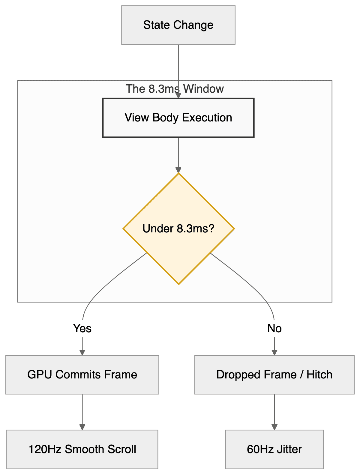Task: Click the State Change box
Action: pos(178,25)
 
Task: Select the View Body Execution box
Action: pos(178,118)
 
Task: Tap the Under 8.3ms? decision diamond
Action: pos(178,229)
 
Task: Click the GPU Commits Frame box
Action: pos(82,375)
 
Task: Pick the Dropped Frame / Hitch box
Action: pos(274,375)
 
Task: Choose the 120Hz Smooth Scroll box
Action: pos(82,449)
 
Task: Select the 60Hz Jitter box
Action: pos(274,449)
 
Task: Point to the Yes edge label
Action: pos(82,328)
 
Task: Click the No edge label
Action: pos(274,328)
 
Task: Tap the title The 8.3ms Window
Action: pos(175,89)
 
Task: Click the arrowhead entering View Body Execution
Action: pos(178,95)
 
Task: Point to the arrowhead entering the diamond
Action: pos(178,170)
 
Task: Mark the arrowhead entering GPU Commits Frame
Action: pos(82,352)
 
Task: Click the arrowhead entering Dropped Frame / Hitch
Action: pos(274,352)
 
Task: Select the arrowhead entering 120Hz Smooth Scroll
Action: pos(82,427)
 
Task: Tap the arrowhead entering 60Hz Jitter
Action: pos(274,427)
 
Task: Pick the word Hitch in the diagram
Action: pos(319,375)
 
